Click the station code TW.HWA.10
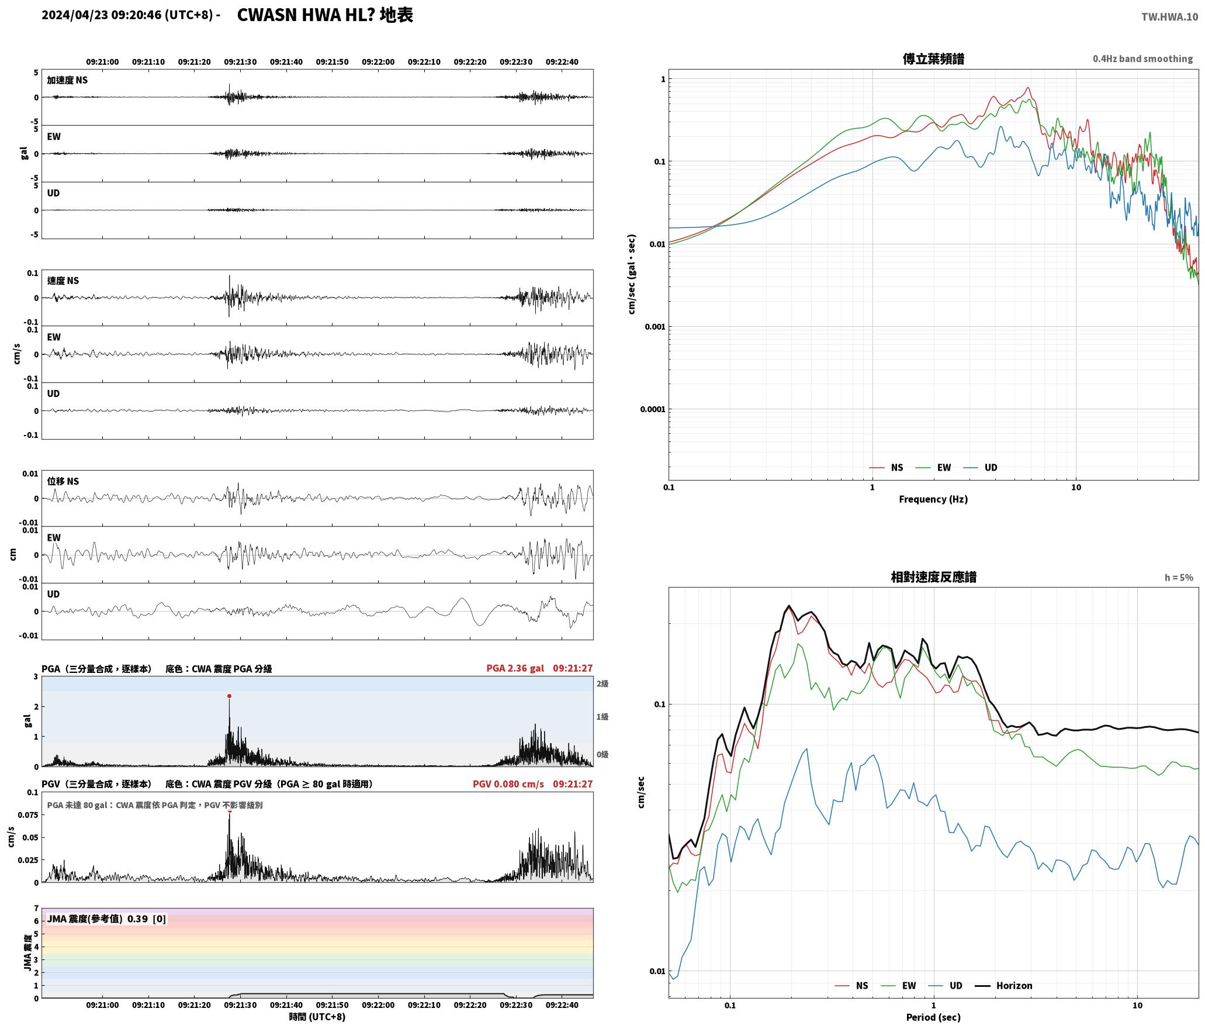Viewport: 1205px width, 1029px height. click(1169, 17)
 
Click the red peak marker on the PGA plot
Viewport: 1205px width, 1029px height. click(229, 696)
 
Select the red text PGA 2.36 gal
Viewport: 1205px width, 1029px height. click(515, 668)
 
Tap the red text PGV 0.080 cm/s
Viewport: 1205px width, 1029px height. click(508, 783)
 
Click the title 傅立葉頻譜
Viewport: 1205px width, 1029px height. click(933, 59)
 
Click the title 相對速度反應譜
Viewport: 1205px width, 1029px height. click(933, 577)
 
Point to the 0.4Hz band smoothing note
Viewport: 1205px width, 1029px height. click(1142, 59)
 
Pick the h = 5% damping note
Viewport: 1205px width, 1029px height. click(1179, 578)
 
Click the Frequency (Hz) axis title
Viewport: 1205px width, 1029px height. click(933, 499)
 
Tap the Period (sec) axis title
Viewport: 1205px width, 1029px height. click(933, 1017)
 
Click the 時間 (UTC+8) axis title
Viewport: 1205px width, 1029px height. click(317, 1017)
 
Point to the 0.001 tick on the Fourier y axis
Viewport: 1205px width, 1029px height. click(655, 327)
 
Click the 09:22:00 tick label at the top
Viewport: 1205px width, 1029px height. click(378, 62)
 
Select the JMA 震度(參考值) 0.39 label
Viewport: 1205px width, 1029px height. click(106, 919)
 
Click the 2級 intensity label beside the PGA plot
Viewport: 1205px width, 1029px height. click(602, 683)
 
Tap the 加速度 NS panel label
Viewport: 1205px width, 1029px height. click(67, 80)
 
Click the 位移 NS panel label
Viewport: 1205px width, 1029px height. click(63, 481)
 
